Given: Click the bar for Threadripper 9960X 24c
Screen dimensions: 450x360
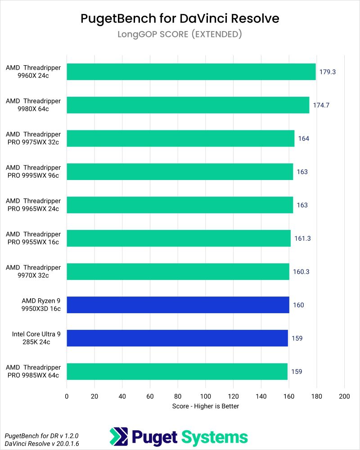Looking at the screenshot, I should coord(191,72).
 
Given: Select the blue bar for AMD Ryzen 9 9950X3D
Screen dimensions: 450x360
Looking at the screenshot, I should coord(178,305).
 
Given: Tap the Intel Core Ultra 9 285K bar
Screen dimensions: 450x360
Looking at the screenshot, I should coord(177,338).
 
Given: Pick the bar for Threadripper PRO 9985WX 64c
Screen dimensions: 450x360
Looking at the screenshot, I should coord(177,371).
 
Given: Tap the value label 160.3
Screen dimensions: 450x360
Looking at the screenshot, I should coord(301,272).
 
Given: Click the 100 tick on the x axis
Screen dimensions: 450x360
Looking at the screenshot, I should coord(205,396).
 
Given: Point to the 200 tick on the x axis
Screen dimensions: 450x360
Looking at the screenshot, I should coord(344,396).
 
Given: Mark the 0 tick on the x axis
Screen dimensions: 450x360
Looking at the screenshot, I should coord(67,396).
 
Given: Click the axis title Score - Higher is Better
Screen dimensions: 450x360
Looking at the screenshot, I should coord(205,406).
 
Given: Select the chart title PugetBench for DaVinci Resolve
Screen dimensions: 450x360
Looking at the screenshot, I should coord(180,18).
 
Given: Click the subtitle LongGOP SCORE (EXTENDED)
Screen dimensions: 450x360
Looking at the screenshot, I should coord(180,34).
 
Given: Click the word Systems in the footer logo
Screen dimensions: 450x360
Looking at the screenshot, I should coord(214,437).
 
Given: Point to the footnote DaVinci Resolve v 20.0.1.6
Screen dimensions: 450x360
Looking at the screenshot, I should coord(35,444).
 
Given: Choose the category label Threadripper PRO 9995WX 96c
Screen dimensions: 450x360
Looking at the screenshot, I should coord(33,171).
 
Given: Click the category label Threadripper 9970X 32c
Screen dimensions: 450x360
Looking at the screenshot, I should coord(33,271).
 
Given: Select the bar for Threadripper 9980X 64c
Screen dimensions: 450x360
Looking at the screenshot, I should coord(188,105).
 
